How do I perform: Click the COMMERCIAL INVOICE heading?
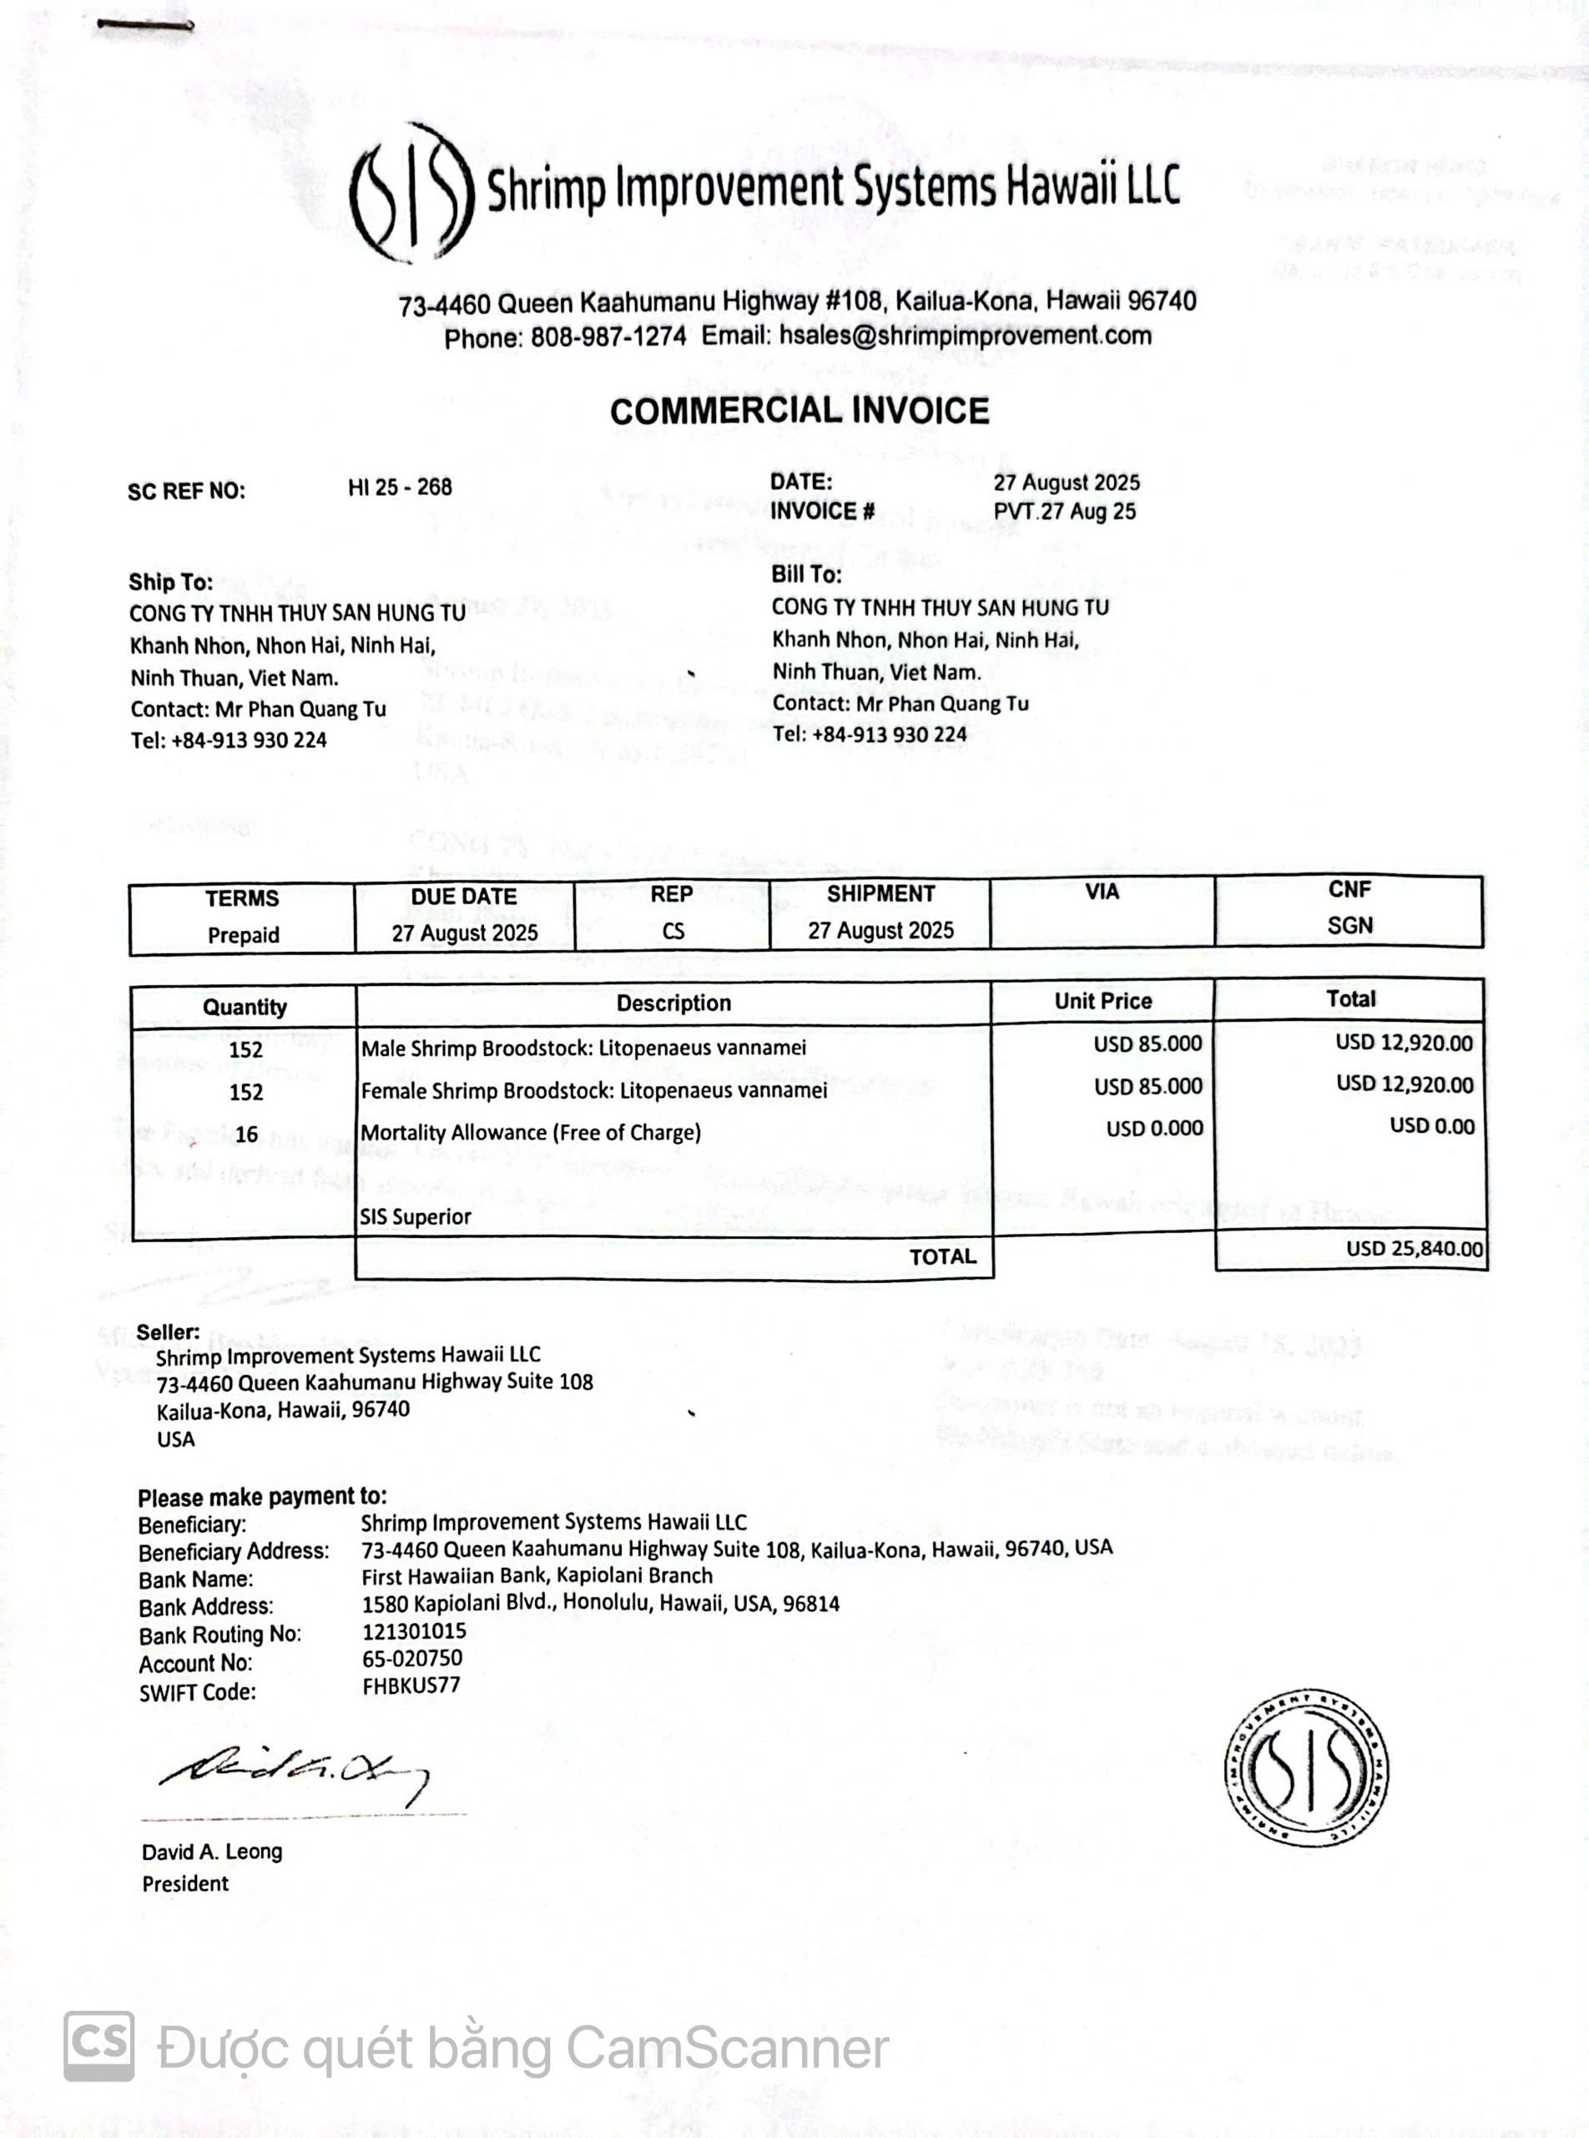[x=800, y=412]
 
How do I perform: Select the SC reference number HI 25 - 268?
[x=400, y=488]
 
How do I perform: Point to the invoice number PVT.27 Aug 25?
[x=1065, y=512]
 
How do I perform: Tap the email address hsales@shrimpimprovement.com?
[x=966, y=336]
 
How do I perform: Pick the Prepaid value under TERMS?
[x=244, y=935]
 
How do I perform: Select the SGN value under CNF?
[x=1349, y=926]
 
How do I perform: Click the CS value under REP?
[x=673, y=932]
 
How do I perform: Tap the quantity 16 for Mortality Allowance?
[x=246, y=1135]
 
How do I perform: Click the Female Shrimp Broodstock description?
[x=593, y=1091]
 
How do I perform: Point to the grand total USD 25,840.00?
[x=1414, y=1249]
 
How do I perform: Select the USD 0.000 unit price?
[x=1154, y=1129]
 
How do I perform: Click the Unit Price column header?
[x=1102, y=1002]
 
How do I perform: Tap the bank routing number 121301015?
[x=415, y=1631]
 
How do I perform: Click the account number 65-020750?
[x=412, y=1658]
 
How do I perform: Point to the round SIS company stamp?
[x=1305, y=1768]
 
